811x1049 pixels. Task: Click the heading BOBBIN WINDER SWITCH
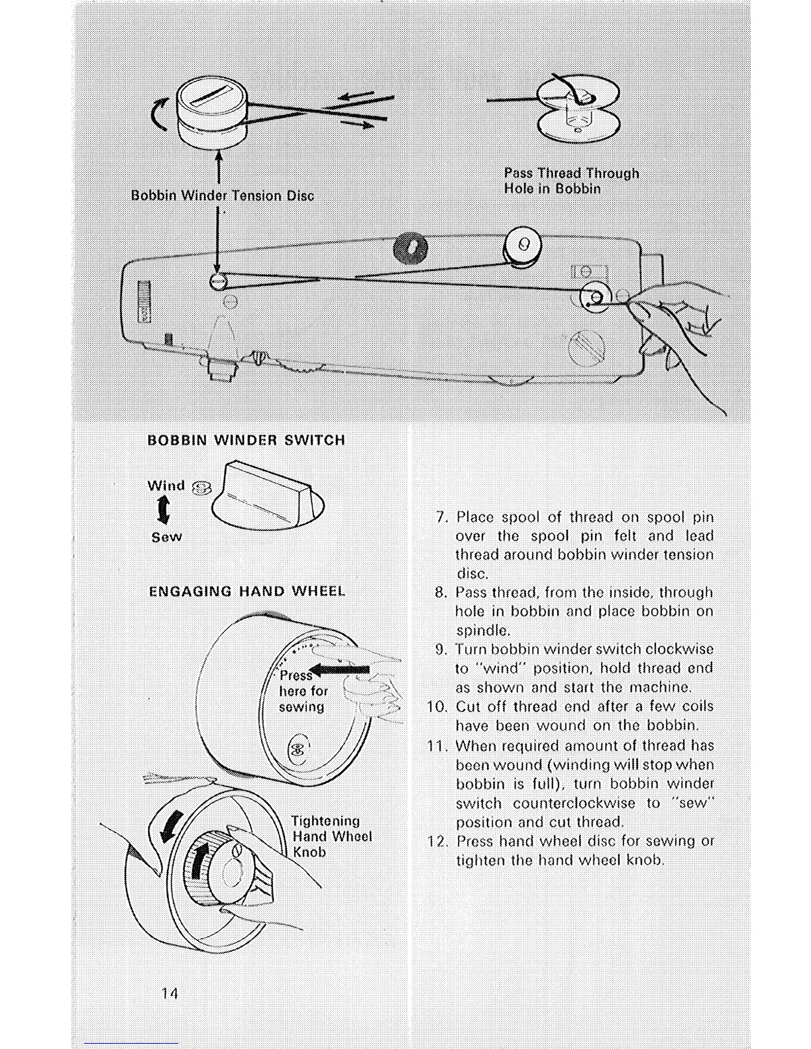coord(246,440)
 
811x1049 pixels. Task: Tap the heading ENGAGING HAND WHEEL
coord(246,591)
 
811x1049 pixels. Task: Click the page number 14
coord(170,993)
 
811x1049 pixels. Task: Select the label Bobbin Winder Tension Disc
coord(222,195)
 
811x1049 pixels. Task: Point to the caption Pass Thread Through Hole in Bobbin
coord(571,181)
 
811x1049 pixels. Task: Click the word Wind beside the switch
coord(166,485)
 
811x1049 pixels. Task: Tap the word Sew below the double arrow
coord(166,537)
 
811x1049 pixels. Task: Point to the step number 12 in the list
coord(438,841)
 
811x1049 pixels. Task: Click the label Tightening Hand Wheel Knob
coord(331,836)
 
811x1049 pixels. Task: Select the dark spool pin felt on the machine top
coord(411,250)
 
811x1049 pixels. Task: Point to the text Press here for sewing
coord(302,691)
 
